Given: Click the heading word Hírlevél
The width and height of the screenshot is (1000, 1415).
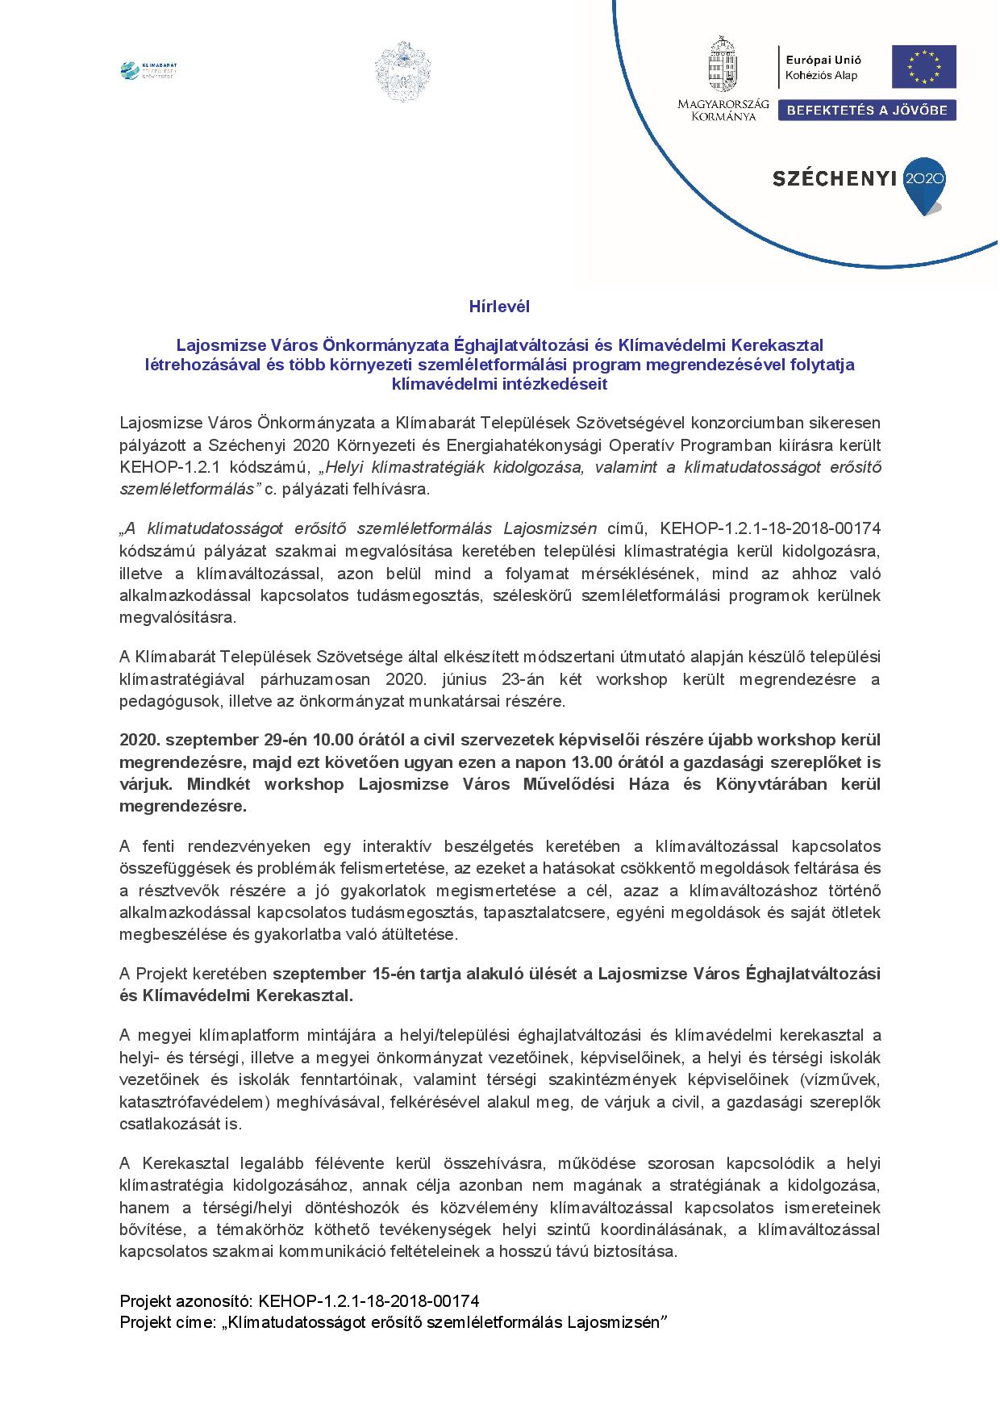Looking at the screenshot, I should [499, 307].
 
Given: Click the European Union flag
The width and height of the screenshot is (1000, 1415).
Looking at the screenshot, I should [923, 67].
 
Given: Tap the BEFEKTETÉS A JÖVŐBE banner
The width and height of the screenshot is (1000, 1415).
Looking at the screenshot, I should [867, 111].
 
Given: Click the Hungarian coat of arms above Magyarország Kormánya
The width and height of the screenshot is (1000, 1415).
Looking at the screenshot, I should [723, 64].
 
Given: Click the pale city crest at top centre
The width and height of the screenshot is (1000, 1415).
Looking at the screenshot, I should [402, 71].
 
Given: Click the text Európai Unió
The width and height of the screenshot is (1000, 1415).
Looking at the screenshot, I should [824, 60].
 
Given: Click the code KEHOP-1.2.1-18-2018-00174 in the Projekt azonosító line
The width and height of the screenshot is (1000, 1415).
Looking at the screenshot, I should [369, 1300].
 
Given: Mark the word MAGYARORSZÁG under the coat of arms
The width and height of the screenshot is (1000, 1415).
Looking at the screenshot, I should [723, 104].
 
